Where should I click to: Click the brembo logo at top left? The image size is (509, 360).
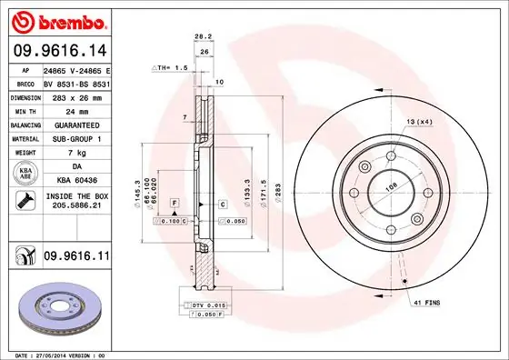58,18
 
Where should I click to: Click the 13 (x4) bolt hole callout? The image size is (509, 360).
419,122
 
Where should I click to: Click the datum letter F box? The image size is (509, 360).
175,202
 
